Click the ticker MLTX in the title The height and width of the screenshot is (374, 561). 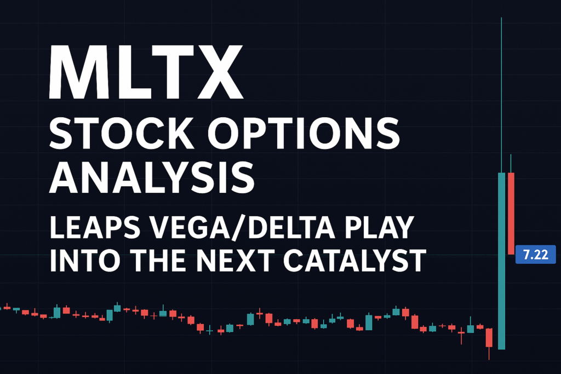click(x=146, y=72)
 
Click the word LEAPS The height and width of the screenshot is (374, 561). click(x=95, y=227)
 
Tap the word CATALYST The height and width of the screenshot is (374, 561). click(x=355, y=260)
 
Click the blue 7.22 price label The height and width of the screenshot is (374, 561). click(x=536, y=255)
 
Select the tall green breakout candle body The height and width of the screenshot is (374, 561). click(x=502, y=261)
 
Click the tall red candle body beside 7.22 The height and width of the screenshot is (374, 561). click(x=511, y=214)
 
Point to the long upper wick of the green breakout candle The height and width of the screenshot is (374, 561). click(x=502, y=95)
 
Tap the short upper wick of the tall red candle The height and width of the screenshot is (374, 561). click(x=511, y=163)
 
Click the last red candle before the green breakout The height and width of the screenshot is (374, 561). click(x=489, y=337)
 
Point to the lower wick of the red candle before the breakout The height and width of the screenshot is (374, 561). click(x=489, y=353)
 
